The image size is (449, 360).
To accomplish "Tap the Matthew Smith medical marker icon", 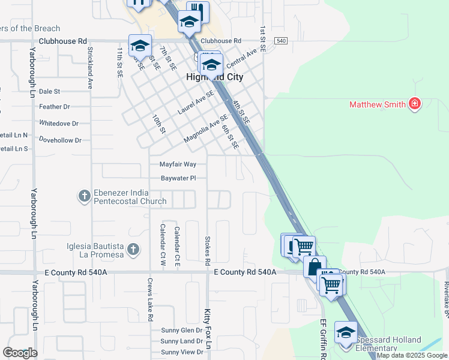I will [x=414, y=104].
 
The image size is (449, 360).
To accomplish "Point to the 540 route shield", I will [x=281, y=41].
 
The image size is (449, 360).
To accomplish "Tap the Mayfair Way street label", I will [x=178, y=164].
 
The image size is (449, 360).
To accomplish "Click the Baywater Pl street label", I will [x=178, y=178].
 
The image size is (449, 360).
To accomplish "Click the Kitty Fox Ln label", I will [x=207, y=328].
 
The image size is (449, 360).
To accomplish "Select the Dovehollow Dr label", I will [x=59, y=140].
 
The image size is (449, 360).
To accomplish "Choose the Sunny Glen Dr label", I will [x=182, y=331].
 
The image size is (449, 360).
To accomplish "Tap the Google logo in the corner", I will [x=20, y=353].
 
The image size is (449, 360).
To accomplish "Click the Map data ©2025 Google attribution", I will [x=412, y=356].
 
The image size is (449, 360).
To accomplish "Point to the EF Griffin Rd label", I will [x=322, y=339].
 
